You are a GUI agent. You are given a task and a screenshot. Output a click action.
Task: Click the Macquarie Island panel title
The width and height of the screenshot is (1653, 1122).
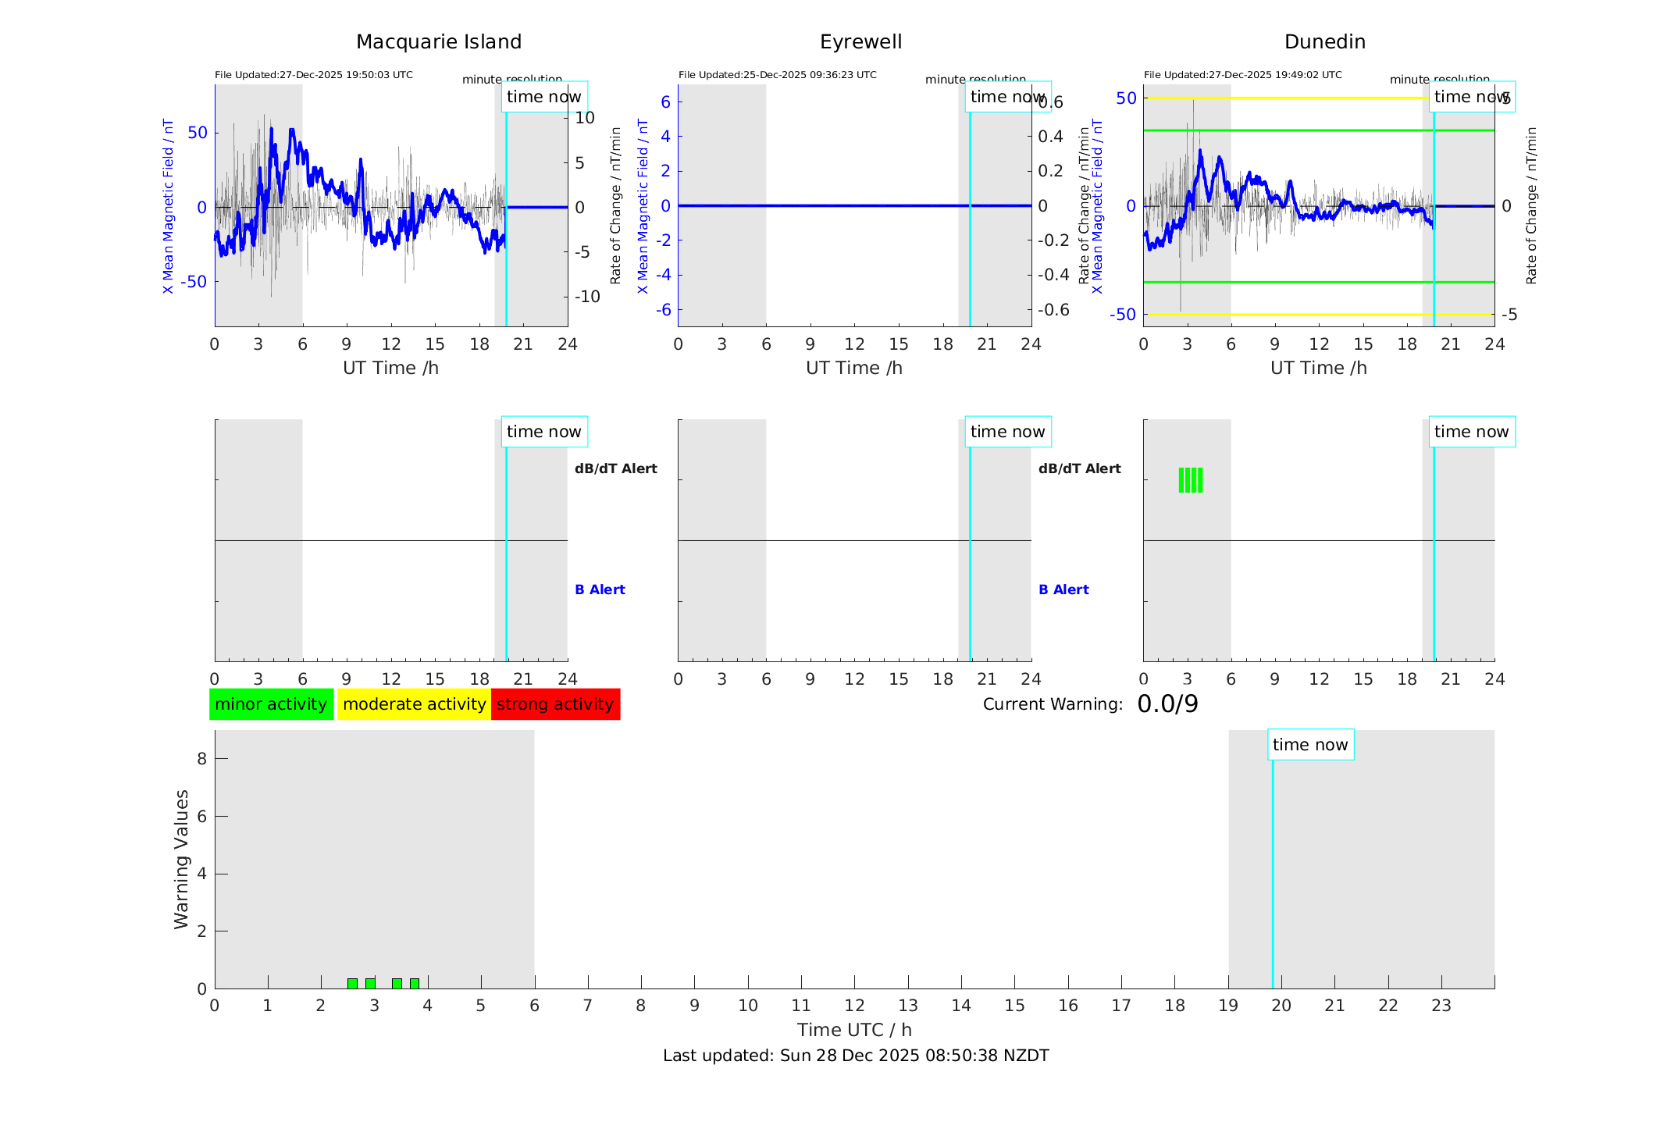point(438,42)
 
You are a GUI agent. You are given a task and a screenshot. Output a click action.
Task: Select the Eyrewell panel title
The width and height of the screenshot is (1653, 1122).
point(860,42)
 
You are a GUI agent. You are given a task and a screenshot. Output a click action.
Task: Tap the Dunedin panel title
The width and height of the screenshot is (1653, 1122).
point(1324,42)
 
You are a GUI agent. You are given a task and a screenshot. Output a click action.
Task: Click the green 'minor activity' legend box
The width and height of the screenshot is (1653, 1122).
point(271,704)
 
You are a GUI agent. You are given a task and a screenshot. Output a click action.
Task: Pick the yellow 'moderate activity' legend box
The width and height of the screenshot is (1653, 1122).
point(414,704)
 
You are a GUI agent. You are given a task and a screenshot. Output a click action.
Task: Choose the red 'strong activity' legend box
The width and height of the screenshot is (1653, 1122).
point(555,704)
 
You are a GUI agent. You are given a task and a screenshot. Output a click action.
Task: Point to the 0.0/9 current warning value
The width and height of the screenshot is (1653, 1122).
point(1167,704)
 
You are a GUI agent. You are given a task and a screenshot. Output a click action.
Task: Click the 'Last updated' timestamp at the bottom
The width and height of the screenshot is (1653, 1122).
point(856,1056)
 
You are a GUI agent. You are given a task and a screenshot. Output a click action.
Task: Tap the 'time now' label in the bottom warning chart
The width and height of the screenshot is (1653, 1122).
point(1310,745)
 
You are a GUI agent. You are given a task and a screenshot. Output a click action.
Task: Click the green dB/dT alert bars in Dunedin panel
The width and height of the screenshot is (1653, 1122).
point(1190,480)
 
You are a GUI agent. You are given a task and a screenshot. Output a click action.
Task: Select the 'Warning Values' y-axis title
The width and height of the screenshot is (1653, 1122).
point(181,859)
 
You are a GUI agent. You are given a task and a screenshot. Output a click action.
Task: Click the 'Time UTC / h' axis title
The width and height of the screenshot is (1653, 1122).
point(854,1030)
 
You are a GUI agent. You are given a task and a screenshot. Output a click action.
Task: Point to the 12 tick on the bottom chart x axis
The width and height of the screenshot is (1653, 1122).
point(854,1006)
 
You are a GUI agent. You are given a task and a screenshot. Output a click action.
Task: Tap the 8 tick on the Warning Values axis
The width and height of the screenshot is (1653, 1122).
point(201,758)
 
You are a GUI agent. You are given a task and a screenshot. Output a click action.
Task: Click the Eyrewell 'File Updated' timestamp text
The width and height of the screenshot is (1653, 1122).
point(777,75)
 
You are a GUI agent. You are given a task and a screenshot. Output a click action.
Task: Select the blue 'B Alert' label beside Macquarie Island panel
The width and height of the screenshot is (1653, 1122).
point(600,589)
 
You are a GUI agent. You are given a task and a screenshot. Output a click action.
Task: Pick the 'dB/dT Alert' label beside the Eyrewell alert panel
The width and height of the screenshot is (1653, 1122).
point(1079,468)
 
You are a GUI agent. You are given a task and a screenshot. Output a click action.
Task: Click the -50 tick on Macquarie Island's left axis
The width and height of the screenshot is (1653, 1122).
point(194,282)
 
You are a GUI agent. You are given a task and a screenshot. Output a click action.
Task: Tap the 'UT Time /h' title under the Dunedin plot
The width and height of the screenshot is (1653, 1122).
point(1318,368)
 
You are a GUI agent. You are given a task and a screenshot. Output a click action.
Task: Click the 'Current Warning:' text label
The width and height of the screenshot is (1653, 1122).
point(1053,704)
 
